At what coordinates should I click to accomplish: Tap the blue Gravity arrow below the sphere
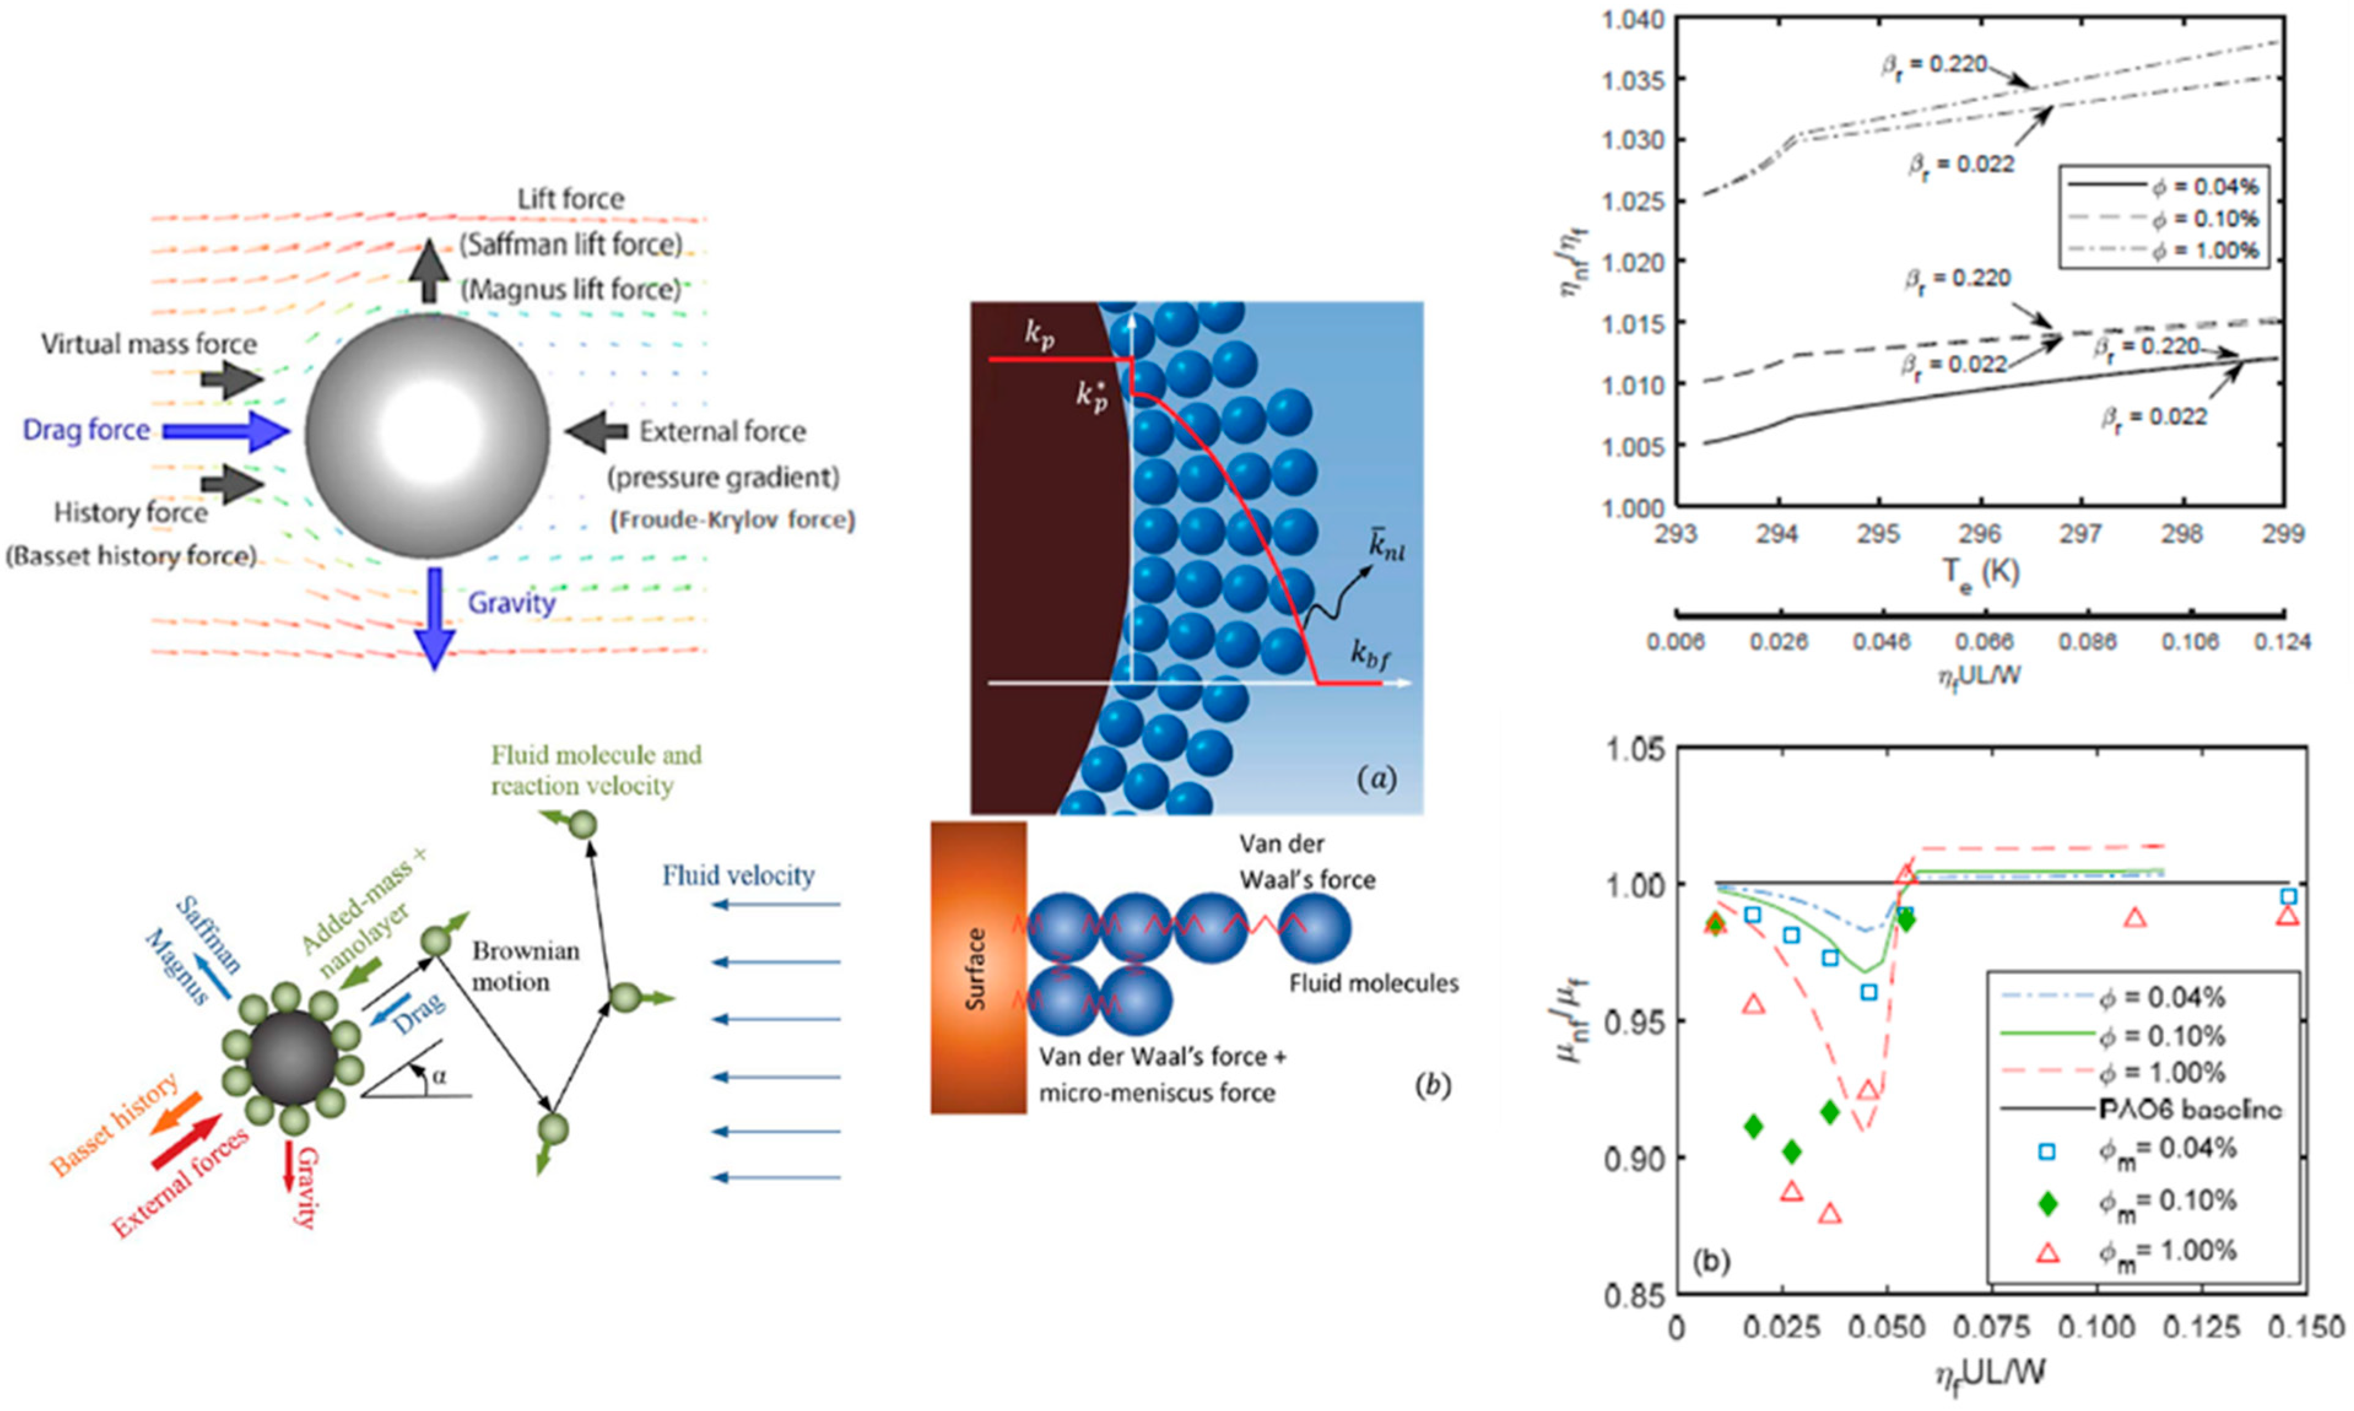pos(434,618)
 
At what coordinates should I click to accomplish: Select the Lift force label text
pos(571,199)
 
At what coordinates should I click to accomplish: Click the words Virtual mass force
pos(148,344)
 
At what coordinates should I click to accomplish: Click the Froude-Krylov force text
pos(732,520)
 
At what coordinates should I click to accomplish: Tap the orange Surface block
pos(977,967)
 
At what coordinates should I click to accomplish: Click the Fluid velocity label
pos(739,875)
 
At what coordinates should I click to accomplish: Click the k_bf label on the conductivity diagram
pos(1377,653)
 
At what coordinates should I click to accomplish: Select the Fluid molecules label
pos(1373,983)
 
